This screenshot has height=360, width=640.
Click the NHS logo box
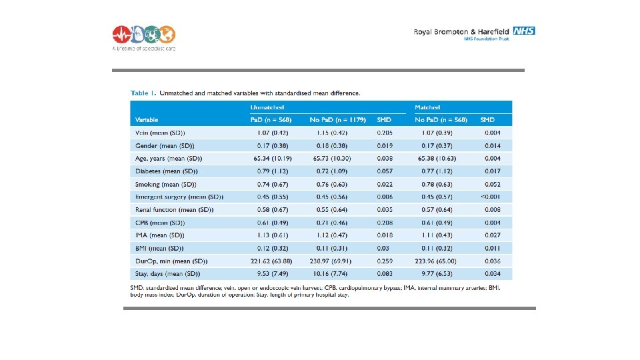[x=524, y=31]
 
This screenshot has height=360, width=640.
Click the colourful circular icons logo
[x=143, y=34]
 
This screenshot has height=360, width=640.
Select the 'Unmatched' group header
[x=267, y=107]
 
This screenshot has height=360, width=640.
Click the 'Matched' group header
[x=427, y=107]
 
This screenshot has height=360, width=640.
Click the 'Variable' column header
[x=147, y=120]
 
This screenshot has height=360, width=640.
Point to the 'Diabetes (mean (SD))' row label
[x=164, y=171]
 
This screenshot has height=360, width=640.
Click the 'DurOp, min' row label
[x=171, y=261]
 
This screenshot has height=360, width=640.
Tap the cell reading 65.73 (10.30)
[x=331, y=159]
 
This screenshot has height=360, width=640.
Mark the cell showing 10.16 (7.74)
[x=331, y=273]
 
